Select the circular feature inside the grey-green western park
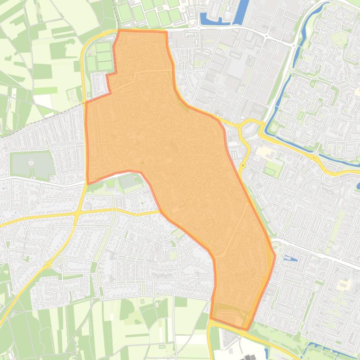[31, 163]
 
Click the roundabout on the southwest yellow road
[48, 266]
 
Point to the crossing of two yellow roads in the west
[77, 213]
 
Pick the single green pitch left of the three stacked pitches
[91, 63]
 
